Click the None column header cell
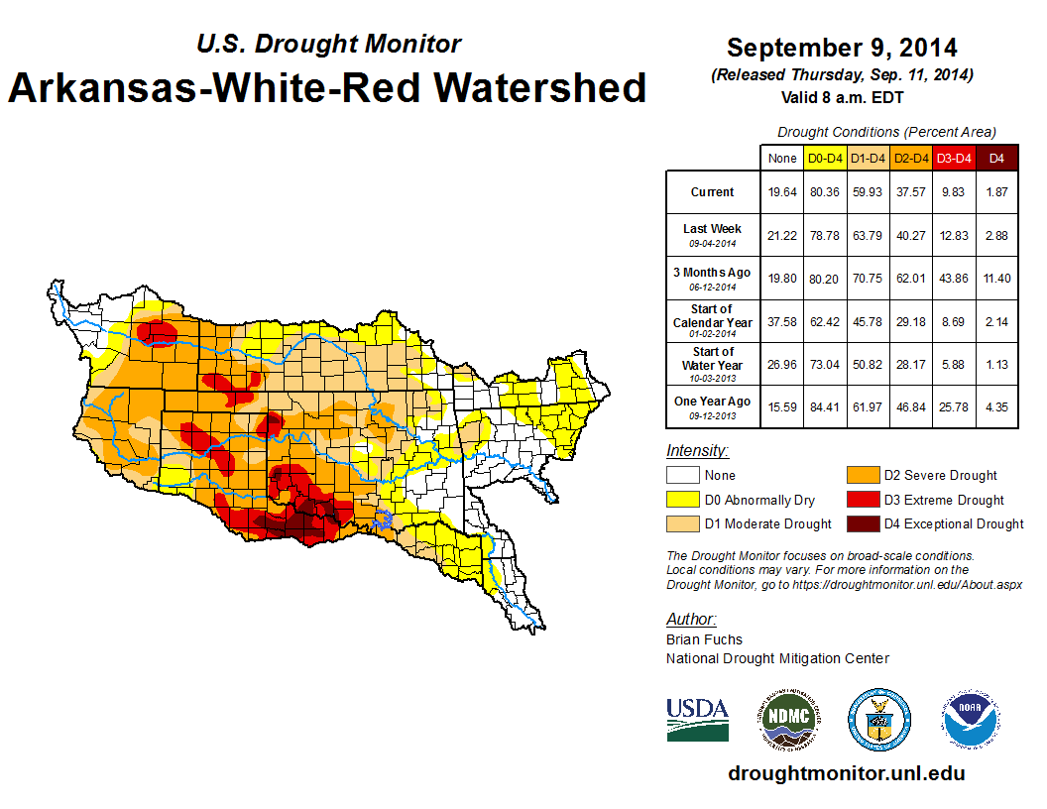[x=782, y=158]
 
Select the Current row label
[x=713, y=192]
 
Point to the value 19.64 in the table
[x=782, y=192]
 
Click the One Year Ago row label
[x=713, y=402]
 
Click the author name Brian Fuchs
[x=704, y=639]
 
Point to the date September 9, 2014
[x=842, y=48]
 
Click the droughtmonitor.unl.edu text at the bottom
[x=846, y=773]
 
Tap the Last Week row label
[x=713, y=229]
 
